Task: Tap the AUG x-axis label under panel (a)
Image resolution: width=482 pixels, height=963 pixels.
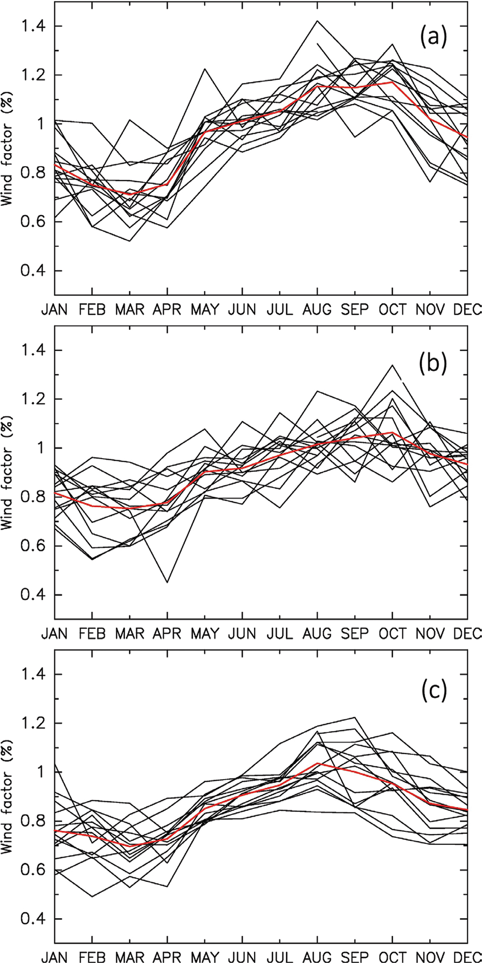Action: pyautogui.click(x=317, y=309)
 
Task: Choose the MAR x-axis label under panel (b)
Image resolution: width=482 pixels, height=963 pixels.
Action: pyautogui.click(x=129, y=634)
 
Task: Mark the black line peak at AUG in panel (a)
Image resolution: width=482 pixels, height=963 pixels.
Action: pyautogui.click(x=317, y=21)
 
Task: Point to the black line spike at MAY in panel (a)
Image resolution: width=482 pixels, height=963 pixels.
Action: pyautogui.click(x=204, y=68)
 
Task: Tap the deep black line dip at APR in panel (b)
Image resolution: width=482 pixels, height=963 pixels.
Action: pyautogui.click(x=167, y=582)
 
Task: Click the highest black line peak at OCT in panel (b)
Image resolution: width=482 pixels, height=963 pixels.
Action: pyautogui.click(x=392, y=365)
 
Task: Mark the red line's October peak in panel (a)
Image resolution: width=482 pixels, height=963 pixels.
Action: pyautogui.click(x=392, y=82)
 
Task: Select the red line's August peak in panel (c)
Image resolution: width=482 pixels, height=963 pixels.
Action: pyautogui.click(x=317, y=763)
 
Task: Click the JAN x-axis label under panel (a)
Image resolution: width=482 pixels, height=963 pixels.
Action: pyautogui.click(x=54, y=309)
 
